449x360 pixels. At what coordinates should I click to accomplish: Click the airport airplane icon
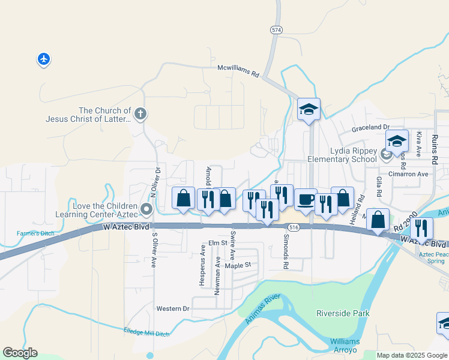pyautogui.click(x=43, y=59)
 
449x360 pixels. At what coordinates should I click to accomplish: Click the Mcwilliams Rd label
pyautogui.click(x=238, y=71)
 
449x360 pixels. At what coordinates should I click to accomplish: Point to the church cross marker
pyautogui.click(x=140, y=113)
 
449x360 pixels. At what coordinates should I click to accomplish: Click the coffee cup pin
pyautogui.click(x=306, y=199)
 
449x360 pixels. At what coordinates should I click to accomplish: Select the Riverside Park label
pyautogui.click(x=343, y=313)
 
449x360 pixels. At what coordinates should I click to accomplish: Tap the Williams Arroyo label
pyautogui.click(x=345, y=345)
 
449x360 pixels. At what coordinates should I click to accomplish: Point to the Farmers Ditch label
pyautogui.click(x=35, y=233)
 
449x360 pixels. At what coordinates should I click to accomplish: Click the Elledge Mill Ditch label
pyautogui.click(x=146, y=332)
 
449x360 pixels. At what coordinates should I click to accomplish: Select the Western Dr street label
pyautogui.click(x=172, y=308)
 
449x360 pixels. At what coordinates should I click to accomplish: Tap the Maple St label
pyautogui.click(x=237, y=265)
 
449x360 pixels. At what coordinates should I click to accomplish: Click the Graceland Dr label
pyautogui.click(x=370, y=127)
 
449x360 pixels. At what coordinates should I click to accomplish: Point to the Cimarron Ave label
pyautogui.click(x=408, y=174)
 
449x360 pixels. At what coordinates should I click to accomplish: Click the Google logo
pyautogui.click(x=20, y=353)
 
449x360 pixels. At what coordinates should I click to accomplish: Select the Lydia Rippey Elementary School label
pyautogui.click(x=342, y=155)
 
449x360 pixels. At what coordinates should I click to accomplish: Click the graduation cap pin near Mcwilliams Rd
pyautogui.click(x=309, y=109)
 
